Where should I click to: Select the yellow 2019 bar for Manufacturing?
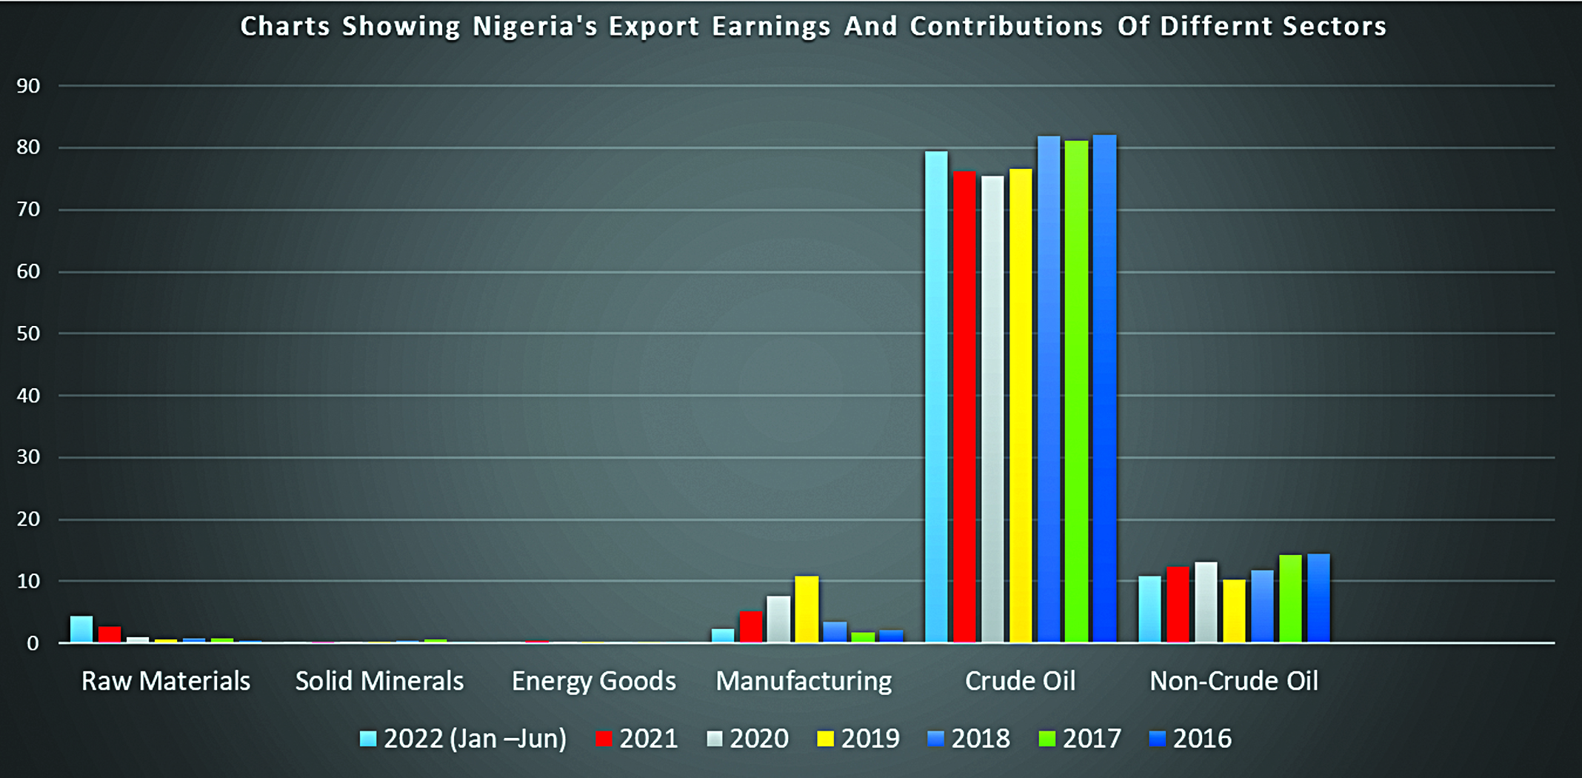(807, 609)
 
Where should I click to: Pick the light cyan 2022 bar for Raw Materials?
(81, 629)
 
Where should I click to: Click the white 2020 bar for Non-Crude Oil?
(1206, 602)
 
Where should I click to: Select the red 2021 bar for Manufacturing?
(750, 627)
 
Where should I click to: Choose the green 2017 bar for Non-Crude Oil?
(1290, 598)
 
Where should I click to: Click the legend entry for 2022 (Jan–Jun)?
(464, 739)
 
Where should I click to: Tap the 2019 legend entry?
(859, 739)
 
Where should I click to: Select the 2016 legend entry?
(1191, 739)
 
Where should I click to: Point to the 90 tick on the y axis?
(28, 86)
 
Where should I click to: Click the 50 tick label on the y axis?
(28, 333)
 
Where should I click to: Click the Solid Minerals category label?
(379, 681)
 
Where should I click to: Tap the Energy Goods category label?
(593, 681)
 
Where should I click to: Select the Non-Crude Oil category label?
(1233, 681)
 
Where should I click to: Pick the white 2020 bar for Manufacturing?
(778, 619)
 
